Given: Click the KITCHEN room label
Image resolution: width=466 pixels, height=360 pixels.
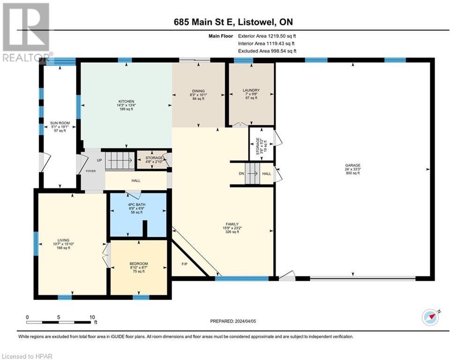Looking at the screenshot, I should coord(126,102).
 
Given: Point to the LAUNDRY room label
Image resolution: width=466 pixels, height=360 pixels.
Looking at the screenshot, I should coord(251,90).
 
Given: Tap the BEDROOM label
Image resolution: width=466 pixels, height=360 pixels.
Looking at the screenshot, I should coord(139,264).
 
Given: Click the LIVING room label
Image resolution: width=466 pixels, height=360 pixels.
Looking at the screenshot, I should coord(63,240).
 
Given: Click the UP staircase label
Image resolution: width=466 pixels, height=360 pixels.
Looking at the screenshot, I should coord(99,160).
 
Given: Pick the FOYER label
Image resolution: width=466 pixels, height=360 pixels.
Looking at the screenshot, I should coord(90,171).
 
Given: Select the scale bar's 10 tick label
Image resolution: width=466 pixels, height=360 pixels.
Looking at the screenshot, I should coord(92,317).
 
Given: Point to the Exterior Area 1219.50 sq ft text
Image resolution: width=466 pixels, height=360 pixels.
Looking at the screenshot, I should coord(267,36).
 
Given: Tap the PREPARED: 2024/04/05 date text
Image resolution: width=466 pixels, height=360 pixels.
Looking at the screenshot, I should coord(232,321).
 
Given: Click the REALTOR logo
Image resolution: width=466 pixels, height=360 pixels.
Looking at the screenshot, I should coord(26,33).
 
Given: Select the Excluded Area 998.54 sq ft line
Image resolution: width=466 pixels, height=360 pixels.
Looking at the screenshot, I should coord(267,51).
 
